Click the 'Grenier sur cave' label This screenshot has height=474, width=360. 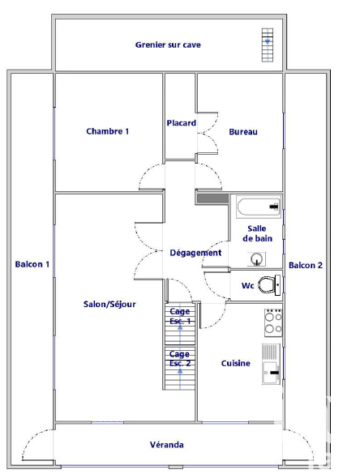click(168, 45)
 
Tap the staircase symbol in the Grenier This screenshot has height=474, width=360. click(267, 45)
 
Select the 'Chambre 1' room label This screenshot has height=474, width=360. click(107, 131)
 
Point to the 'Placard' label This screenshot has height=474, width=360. click(181, 123)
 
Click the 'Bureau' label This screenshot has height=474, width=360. click(243, 132)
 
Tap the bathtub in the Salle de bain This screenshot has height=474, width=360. click(259, 207)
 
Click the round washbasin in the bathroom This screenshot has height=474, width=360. click(257, 259)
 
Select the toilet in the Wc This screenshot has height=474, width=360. click(269, 285)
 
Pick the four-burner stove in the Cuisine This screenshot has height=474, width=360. click(273, 322)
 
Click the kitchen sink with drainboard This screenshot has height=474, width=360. click(271, 364)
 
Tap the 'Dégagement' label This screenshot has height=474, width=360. click(195, 253)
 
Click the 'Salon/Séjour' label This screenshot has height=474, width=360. click(109, 304)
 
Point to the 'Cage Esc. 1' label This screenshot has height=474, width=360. click(180, 316)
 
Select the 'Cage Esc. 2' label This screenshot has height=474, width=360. click(180, 358)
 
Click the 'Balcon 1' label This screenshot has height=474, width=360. click(32, 264)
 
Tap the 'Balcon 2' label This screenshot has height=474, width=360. click(306, 266)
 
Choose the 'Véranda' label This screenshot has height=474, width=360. click(167, 445)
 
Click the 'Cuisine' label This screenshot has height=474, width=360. click(236, 363)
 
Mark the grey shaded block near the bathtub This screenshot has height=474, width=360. click(212, 199)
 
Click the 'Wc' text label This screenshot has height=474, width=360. click(248, 286)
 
